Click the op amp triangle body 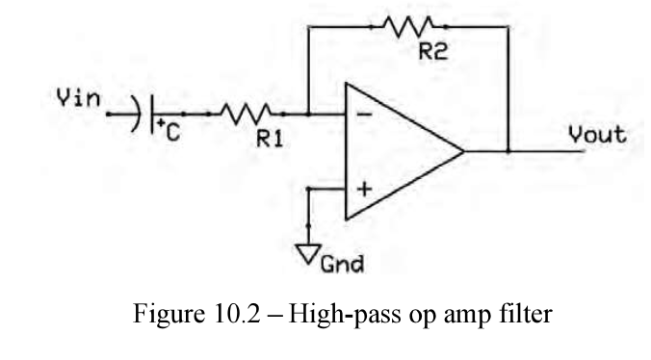click(395, 151)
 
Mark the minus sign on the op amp click(362, 115)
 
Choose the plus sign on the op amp click(363, 189)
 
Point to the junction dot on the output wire click(508, 151)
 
